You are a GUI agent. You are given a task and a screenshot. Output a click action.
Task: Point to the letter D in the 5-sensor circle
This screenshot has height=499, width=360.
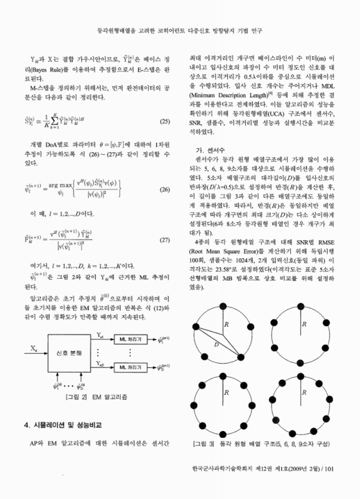coord(213,344)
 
